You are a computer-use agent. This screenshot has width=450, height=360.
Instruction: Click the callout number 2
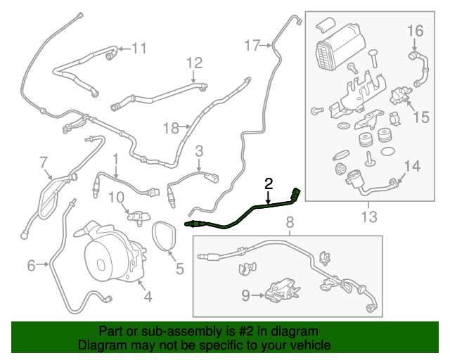coord(268,184)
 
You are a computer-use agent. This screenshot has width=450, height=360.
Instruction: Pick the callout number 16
coord(415,30)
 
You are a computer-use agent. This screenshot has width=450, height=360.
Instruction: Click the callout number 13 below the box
coord(368,214)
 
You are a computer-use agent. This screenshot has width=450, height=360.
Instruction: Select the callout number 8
coord(289,223)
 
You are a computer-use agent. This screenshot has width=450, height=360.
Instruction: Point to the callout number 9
coord(245,296)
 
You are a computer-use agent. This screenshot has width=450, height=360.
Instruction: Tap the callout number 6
coord(31,265)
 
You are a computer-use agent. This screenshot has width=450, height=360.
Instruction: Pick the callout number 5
coord(179,268)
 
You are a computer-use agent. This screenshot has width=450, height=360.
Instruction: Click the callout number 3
coord(199,150)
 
